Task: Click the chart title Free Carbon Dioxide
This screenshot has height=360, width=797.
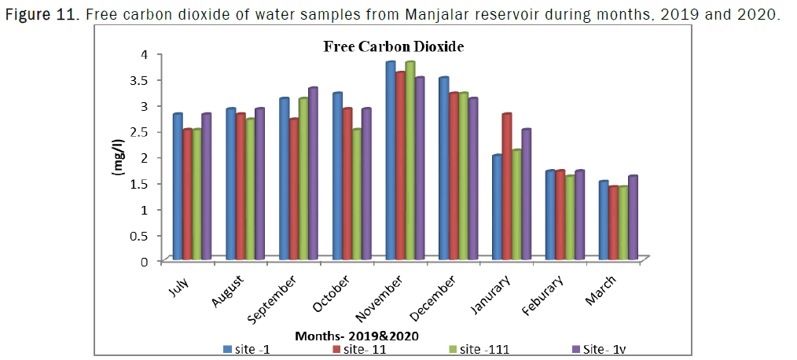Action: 394,47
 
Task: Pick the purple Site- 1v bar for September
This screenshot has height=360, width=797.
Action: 313,174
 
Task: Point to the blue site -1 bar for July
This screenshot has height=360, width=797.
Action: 178,186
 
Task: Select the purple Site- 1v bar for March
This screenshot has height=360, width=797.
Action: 633,218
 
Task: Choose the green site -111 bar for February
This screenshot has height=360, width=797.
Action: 570,218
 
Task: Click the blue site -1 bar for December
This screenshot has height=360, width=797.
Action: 444,168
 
